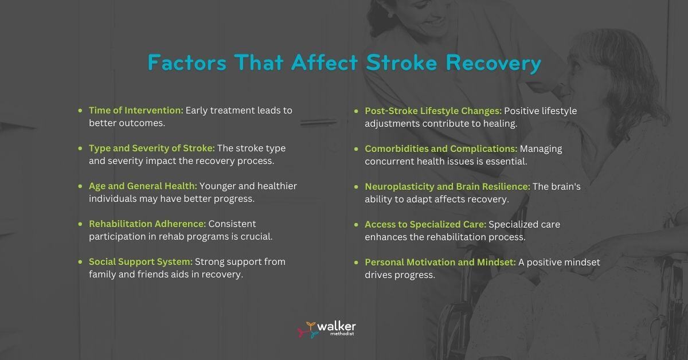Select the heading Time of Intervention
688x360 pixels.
coord(136,110)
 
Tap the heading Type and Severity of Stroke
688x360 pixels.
coord(151,148)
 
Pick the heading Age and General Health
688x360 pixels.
coord(143,186)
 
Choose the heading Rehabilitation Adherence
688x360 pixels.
coord(147,224)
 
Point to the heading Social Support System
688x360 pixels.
coord(140,261)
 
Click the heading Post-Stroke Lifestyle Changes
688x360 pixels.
coord(433,111)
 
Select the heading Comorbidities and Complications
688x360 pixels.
coord(441,148)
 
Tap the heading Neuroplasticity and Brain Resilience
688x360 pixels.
coord(447,186)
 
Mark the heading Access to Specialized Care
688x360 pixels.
coord(425,224)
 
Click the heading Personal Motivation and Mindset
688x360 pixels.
coord(440,262)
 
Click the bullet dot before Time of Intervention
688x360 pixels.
coord(80,111)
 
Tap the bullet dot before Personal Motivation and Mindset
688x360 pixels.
coord(357,262)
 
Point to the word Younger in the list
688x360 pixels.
coord(217,186)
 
